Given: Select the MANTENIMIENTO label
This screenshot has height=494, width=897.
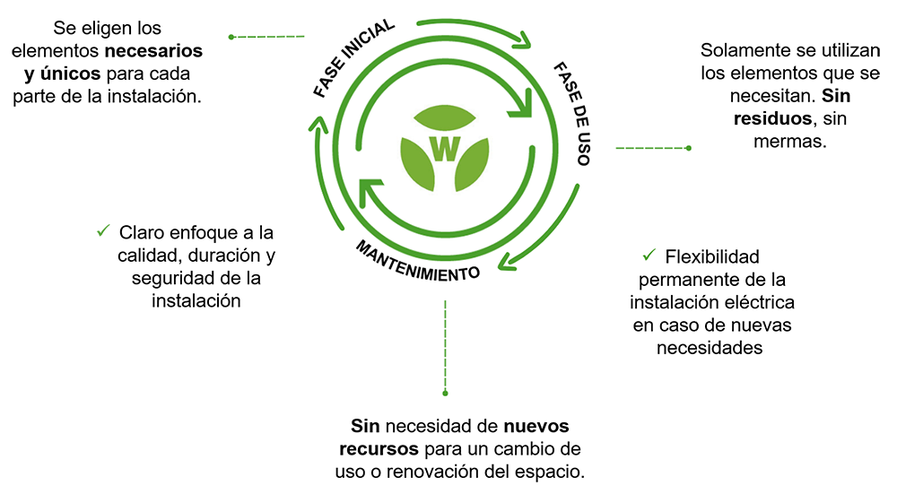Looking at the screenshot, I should coord(417,259).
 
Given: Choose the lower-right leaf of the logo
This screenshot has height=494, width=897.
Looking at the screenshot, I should coord(470,168).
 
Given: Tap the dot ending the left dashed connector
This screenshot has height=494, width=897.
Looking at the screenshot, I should coord(231,37).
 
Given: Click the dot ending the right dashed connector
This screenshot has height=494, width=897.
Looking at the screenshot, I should coord(688,148).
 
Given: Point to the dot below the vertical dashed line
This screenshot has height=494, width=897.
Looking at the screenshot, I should coord(445,392).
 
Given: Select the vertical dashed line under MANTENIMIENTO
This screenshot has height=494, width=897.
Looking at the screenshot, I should coord(445,345).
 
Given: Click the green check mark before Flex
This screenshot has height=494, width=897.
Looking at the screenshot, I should coord(649,254).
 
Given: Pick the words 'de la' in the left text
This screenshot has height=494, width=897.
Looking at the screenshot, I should coord(244,278).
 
